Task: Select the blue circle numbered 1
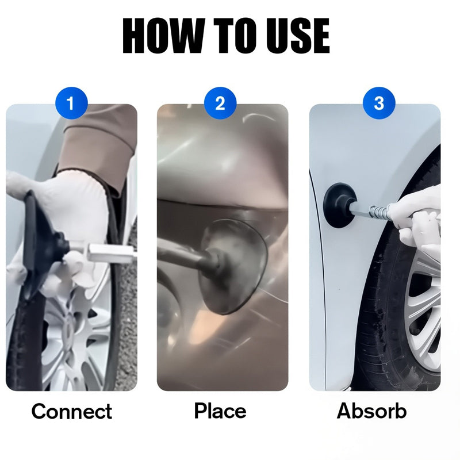tap(71, 104)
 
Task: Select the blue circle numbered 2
tap(220, 104)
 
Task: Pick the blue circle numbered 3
tap(378, 104)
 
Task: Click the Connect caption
tap(71, 411)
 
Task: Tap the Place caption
tap(220, 411)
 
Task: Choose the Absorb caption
tap(372, 411)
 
